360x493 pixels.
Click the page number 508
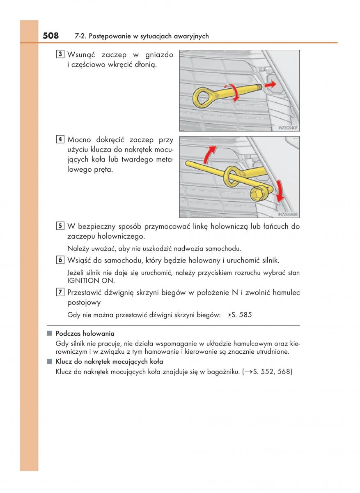point(50,36)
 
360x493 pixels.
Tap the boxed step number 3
point(60,54)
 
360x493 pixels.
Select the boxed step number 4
point(60,139)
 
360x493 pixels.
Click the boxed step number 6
point(60,260)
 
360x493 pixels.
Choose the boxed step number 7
point(60,293)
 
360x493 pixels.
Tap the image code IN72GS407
point(288,128)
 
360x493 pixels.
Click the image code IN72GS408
point(288,214)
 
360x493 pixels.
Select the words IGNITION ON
point(91,281)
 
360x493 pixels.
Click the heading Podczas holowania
point(85,333)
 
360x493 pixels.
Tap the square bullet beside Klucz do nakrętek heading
point(49,362)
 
